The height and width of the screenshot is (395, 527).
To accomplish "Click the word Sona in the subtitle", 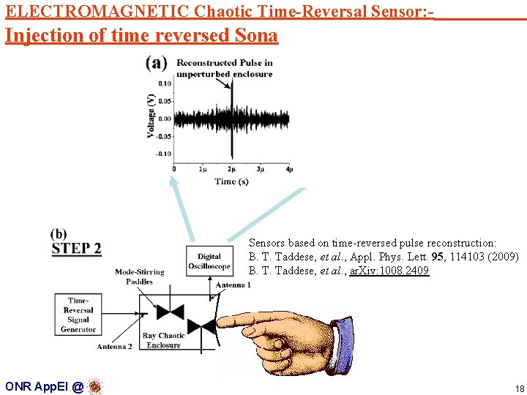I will point(258,35).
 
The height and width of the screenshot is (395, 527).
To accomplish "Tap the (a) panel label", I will point(156,64).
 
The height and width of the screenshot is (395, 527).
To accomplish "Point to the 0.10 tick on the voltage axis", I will point(165,83).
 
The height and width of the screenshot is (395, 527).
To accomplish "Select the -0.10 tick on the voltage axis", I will point(163,154).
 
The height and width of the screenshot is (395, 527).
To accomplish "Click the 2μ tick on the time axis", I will point(231,169).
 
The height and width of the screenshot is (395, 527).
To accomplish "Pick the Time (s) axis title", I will point(231,181).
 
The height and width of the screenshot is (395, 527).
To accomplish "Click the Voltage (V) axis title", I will point(151,116).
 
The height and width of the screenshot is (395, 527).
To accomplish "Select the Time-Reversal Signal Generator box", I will point(78,315).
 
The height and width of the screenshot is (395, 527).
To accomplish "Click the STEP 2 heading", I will point(76,249).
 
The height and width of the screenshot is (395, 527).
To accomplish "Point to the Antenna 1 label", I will point(233,285).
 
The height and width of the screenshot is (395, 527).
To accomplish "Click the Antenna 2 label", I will point(114,347).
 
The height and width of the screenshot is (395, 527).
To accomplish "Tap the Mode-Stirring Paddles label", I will point(139,276).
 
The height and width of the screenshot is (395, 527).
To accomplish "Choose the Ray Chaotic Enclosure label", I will point(163,340).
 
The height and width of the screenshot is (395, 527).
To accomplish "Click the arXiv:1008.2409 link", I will point(389,271).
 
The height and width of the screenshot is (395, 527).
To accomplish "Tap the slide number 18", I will point(520,388).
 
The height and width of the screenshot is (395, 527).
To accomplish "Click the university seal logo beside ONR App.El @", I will point(95,386).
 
